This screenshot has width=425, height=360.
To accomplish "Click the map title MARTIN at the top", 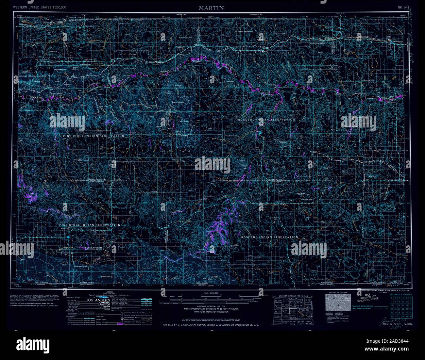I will click(211, 8).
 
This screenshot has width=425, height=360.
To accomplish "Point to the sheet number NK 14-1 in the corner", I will click(404, 7).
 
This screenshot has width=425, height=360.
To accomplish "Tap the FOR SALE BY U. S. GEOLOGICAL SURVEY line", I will click(211, 325).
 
